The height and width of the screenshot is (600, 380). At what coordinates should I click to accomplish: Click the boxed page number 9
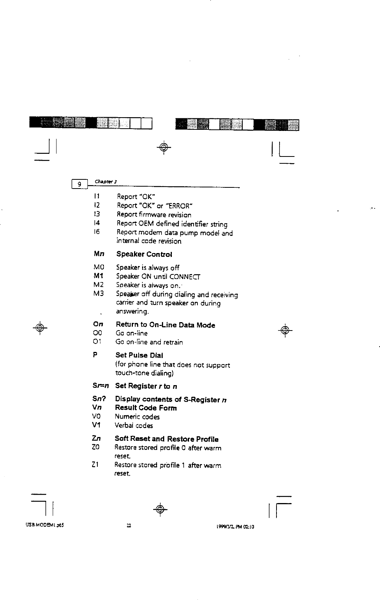[79, 184]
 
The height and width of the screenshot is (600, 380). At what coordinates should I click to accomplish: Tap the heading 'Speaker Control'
[144, 254]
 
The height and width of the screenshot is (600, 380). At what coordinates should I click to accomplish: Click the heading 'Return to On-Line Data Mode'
[165, 325]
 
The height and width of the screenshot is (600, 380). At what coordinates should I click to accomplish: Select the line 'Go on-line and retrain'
[149, 342]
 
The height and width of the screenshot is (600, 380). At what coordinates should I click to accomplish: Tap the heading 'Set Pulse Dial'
[139, 355]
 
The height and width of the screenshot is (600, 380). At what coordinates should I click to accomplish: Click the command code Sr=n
[101, 386]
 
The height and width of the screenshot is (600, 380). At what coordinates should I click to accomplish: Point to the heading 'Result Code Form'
[146, 408]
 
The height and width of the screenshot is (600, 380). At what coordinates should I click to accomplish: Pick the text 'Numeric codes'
[137, 417]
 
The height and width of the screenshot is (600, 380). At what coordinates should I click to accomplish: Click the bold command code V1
[96, 426]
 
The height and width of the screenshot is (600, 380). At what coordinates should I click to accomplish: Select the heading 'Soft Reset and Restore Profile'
[167, 439]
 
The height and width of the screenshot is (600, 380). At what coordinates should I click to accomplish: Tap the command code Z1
[95, 465]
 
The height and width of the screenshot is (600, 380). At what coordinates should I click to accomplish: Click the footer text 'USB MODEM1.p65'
[44, 525]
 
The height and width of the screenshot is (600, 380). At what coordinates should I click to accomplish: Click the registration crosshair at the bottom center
[160, 509]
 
